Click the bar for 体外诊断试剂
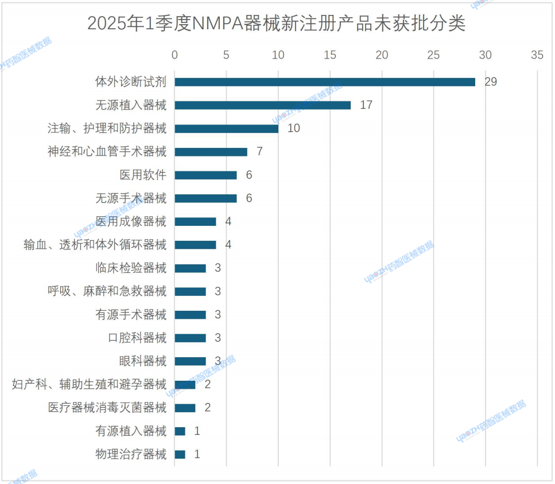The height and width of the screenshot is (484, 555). [325, 82]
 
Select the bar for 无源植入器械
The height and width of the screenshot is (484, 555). [263, 106]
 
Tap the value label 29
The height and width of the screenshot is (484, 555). [490, 82]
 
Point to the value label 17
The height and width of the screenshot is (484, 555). [366, 106]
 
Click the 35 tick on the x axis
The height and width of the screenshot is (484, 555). [537, 55]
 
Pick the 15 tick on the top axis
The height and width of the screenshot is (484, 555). [330, 55]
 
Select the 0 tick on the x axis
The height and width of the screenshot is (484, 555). [175, 55]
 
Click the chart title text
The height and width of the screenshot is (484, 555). [276, 24]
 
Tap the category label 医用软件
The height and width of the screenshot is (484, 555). [143, 175]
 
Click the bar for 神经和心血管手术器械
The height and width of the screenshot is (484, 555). [211, 152]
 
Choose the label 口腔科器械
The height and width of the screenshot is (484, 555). [137, 338]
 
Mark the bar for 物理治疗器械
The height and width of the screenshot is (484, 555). [180, 454]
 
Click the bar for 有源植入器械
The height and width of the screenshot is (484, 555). [180, 431]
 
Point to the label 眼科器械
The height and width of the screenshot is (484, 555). [143, 361]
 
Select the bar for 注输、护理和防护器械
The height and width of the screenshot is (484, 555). [227, 128]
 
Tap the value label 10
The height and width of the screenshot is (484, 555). [293, 128]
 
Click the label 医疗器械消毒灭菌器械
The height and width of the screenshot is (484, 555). [107, 408]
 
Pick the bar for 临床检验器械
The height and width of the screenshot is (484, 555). [191, 268]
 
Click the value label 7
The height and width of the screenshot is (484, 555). [259, 152]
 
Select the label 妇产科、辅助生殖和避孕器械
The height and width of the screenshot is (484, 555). [89, 384]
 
